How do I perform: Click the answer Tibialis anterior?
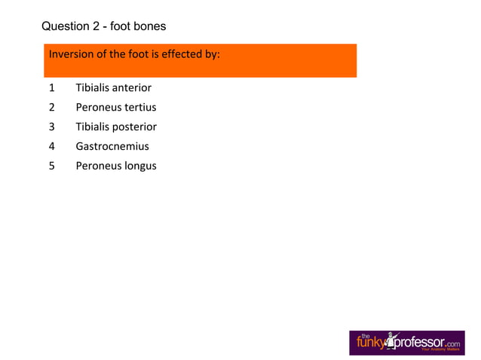point(113,88)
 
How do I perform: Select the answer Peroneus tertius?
point(115,108)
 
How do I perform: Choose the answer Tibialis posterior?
point(116,127)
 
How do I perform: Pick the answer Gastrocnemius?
point(112,147)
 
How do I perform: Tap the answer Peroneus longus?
point(116,166)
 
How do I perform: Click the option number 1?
point(52,88)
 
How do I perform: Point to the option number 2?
point(52,108)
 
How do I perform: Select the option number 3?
point(52,127)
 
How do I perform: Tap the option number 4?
point(52,147)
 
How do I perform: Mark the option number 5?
point(52,166)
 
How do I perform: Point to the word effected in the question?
point(182,55)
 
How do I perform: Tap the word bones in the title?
point(149,27)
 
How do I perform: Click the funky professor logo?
point(406,343)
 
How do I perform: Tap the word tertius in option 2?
point(139,108)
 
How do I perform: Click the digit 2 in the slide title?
point(97,27)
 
